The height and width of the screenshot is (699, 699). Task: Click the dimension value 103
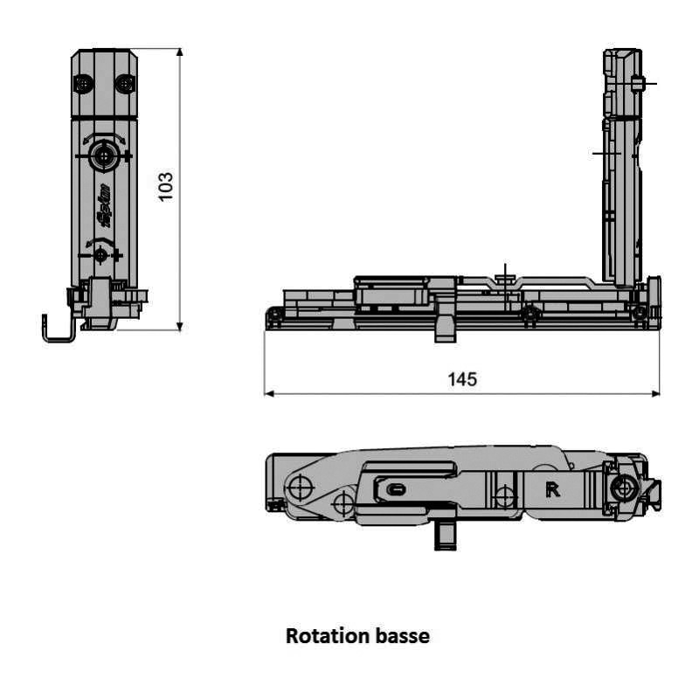click(x=166, y=186)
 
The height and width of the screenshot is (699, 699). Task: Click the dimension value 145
click(x=461, y=379)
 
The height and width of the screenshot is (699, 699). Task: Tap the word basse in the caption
click(x=403, y=636)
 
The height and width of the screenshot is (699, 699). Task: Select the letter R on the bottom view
click(x=552, y=489)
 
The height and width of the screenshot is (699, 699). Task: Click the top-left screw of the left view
click(x=84, y=84)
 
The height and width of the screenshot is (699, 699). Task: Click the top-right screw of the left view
click(x=125, y=84)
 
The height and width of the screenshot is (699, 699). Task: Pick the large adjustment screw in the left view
click(x=105, y=156)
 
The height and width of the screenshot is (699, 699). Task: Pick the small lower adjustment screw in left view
click(x=100, y=253)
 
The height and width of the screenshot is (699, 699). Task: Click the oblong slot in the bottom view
click(x=396, y=489)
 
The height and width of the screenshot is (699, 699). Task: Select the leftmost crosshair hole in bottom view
click(x=299, y=487)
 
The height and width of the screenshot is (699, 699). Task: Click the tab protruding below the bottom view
click(x=446, y=534)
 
